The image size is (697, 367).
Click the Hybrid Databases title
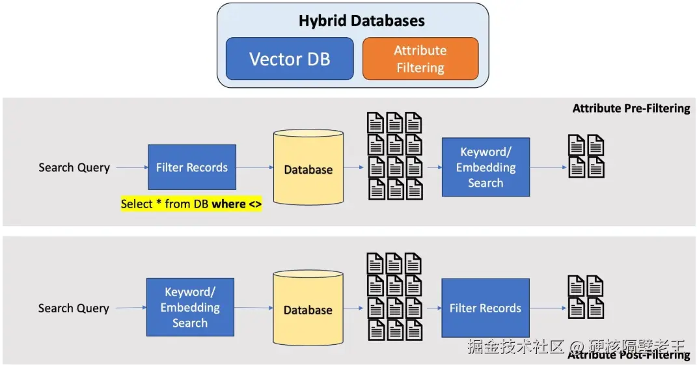point(361,21)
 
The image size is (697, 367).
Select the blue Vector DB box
point(290,59)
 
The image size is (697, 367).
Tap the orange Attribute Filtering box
point(420,59)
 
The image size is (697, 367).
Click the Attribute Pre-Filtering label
point(631,109)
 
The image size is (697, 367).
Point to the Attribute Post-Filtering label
point(629,355)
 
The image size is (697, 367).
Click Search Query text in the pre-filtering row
point(74,168)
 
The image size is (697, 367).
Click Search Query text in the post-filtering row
point(74,308)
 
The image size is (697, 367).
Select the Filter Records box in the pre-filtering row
point(192,167)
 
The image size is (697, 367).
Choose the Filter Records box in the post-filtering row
point(485,308)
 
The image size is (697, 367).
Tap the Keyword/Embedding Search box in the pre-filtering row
point(485,167)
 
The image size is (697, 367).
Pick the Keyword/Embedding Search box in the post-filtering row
point(190,307)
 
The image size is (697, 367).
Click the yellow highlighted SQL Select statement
point(191,204)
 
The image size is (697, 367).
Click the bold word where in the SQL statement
point(228,204)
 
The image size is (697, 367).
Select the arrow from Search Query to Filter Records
point(131,168)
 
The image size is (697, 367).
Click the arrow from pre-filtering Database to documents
point(354,168)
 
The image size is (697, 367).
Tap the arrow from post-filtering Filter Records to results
point(548,308)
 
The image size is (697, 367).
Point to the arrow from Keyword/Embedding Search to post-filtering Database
point(254,308)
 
